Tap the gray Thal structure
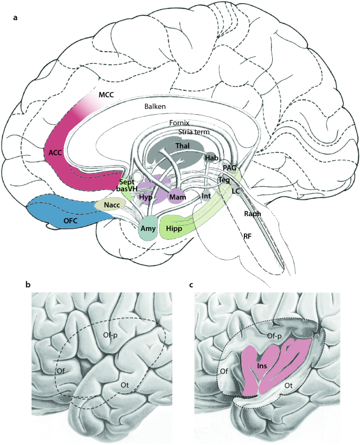182,146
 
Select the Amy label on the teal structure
149,229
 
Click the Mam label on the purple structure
176,197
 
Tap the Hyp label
147,197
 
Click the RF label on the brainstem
246,237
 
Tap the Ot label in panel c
289,386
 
